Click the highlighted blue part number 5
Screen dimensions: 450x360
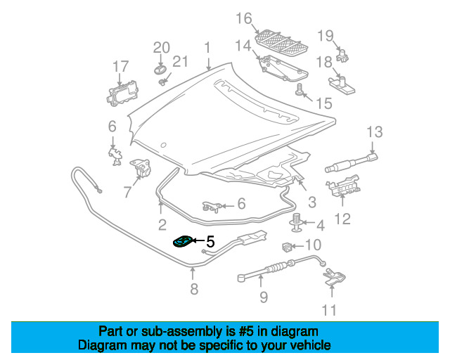(183, 242)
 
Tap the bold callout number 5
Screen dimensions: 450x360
(210, 241)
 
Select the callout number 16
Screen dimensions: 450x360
(244, 18)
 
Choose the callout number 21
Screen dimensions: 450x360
(180, 61)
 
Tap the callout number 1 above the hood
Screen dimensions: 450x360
(207, 48)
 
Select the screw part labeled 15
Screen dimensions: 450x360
(299, 89)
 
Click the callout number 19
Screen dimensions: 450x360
(326, 36)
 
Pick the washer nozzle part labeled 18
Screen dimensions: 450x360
(342, 84)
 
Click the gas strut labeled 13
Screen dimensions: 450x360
(352, 163)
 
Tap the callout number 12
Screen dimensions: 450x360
(342, 219)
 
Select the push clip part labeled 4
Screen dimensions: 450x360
(295, 222)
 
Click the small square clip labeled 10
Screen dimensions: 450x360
(287, 247)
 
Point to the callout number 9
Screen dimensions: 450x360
(264, 297)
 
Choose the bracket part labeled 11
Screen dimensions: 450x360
(335, 277)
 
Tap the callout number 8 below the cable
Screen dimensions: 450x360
(194, 289)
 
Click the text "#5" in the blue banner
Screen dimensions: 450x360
(246, 332)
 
